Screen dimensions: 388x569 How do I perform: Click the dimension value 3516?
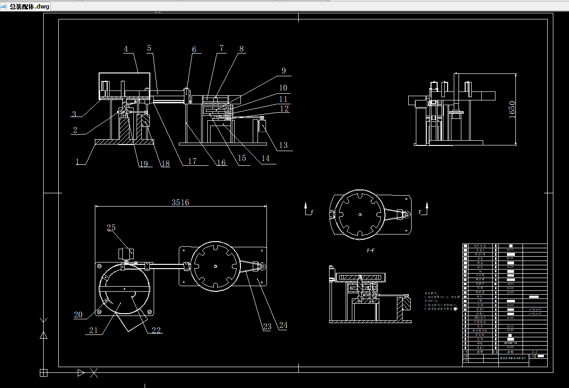pyautogui.click(x=180, y=202)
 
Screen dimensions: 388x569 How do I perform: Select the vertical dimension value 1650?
pyautogui.click(x=512, y=109)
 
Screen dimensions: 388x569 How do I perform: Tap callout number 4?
pyautogui.click(x=126, y=49)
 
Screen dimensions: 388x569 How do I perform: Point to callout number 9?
pyautogui.click(x=284, y=71)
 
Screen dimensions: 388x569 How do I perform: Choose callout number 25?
pyautogui.click(x=111, y=228)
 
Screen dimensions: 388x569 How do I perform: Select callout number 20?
pyautogui.click(x=78, y=314)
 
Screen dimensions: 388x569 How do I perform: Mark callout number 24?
pyautogui.click(x=284, y=325)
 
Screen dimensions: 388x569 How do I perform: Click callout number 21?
pyautogui.click(x=93, y=330)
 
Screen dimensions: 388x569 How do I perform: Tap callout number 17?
pyautogui.click(x=192, y=162)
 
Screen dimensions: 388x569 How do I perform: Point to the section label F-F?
pyautogui.click(x=372, y=249)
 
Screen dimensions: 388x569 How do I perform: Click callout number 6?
pyautogui.click(x=194, y=49)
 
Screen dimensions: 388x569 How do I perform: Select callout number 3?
pyautogui.click(x=74, y=114)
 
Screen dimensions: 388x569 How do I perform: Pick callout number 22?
pyautogui.click(x=156, y=330)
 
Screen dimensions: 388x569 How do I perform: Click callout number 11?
pyautogui.click(x=283, y=99)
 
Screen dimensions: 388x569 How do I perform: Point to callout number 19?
pyautogui.click(x=143, y=164)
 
